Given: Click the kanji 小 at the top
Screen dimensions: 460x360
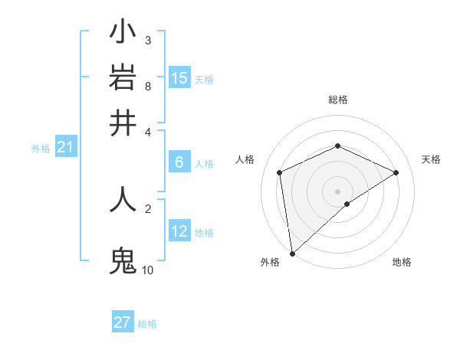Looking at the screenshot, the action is click(123, 33).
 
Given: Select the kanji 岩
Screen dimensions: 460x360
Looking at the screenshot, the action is click(123, 77).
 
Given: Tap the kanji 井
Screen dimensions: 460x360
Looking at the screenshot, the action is click(123, 122).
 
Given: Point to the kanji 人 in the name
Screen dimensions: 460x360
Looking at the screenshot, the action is click(123, 198).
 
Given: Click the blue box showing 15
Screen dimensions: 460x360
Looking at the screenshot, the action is click(179, 78).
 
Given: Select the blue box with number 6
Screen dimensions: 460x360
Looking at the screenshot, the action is click(179, 162).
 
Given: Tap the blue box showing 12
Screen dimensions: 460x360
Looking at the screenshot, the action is click(179, 231).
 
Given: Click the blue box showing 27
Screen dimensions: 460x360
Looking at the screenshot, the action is click(123, 322).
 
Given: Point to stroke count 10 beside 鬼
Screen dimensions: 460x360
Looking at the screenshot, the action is click(147, 270).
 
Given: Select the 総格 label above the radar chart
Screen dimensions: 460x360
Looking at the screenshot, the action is click(338, 100).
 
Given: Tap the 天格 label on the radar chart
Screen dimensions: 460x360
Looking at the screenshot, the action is click(431, 159).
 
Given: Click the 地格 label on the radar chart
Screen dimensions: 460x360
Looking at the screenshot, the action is click(402, 262).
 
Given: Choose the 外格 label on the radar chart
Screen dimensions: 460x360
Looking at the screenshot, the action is click(270, 262).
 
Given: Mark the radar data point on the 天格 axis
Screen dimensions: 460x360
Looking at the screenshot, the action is click(396, 172).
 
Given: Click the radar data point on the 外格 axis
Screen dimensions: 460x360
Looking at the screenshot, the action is click(292, 254).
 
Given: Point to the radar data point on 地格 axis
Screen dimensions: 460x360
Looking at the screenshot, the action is click(347, 204).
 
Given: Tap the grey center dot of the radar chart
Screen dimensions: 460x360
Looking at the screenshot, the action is click(338, 191).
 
